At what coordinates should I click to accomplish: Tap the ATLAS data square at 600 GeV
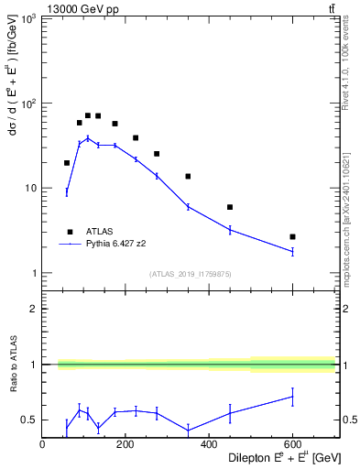click(x=292, y=236)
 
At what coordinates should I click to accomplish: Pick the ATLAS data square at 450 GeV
click(x=230, y=207)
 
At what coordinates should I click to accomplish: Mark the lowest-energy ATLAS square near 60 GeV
click(x=67, y=163)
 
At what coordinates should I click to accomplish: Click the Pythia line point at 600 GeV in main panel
click(x=292, y=251)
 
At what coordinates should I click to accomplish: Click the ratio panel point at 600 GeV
click(x=292, y=396)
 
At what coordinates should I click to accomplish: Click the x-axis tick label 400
click(x=209, y=444)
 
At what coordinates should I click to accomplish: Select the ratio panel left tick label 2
click(x=34, y=309)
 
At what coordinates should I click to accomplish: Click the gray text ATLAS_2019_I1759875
click(x=189, y=273)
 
